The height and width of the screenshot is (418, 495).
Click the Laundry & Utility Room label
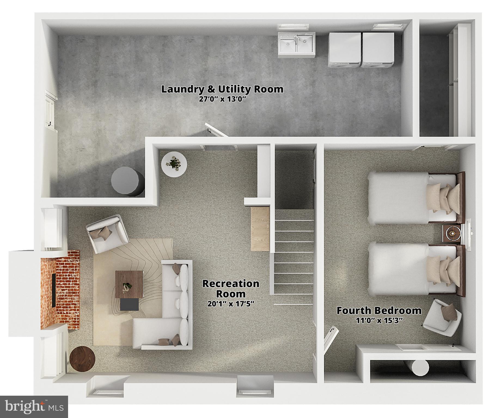(x=222, y=89)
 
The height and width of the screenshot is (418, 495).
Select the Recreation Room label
(x=231, y=289)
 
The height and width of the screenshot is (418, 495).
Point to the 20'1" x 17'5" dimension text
(x=231, y=304)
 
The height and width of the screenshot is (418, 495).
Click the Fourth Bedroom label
(x=379, y=311)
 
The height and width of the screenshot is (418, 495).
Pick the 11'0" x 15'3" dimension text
(x=379, y=321)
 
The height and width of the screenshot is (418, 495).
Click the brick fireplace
(x=60, y=290)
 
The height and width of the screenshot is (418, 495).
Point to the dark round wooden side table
(x=82, y=359)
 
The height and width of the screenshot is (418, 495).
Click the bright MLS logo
(x=34, y=407)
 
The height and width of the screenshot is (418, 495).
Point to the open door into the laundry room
(x=216, y=130)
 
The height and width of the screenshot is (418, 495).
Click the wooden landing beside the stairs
(x=260, y=229)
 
